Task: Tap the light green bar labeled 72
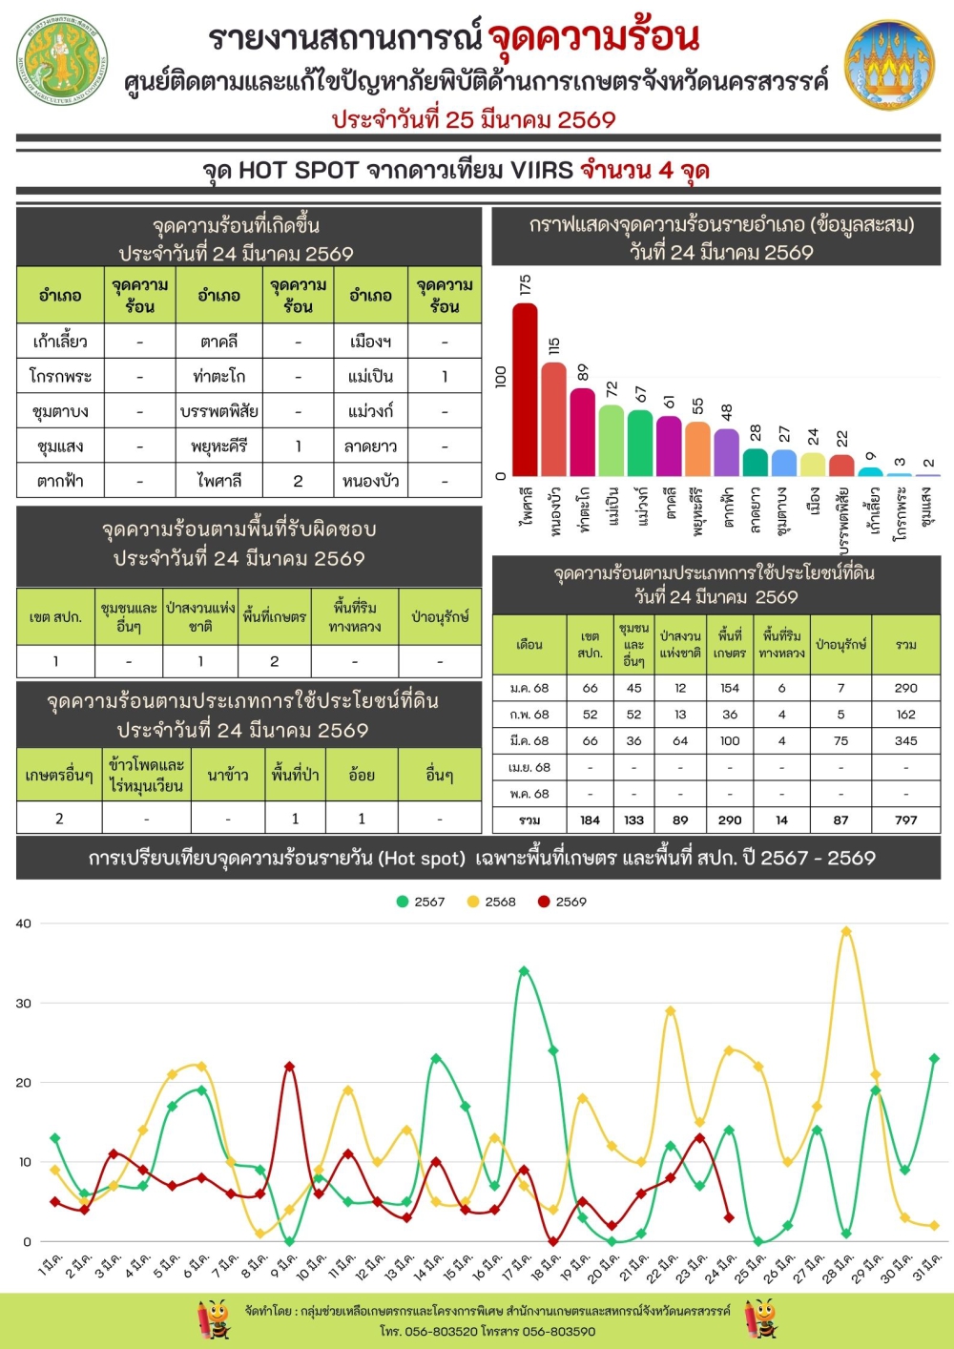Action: click(612, 440)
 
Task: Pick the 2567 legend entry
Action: click(421, 902)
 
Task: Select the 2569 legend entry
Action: click(562, 902)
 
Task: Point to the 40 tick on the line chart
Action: click(23, 924)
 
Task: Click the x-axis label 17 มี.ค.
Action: click(514, 1266)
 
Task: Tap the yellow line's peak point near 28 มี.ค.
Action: click(846, 931)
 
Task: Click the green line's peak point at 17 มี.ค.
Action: click(524, 971)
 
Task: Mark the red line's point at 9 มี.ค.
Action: click(289, 1067)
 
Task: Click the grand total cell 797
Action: click(905, 820)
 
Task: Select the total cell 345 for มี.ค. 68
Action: click(905, 740)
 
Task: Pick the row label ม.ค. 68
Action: click(529, 688)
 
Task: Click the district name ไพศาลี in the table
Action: click(219, 481)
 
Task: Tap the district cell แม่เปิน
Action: click(370, 376)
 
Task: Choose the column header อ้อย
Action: click(362, 775)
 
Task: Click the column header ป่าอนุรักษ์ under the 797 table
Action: click(840, 644)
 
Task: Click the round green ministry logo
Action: click(63, 59)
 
